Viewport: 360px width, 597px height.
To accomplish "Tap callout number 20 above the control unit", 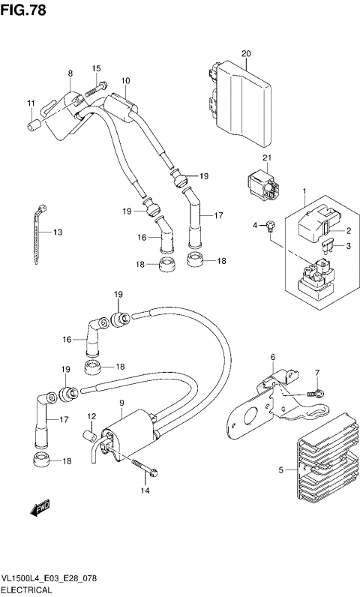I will tap(245, 53).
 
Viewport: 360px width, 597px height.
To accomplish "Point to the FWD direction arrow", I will tap(39, 510).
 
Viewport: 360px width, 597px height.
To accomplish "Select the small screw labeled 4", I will tap(271, 226).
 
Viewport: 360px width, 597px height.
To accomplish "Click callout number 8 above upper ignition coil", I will tap(70, 73).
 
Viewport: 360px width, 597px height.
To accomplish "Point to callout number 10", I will tap(125, 80).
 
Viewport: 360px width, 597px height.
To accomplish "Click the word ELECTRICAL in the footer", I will tap(26, 590).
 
